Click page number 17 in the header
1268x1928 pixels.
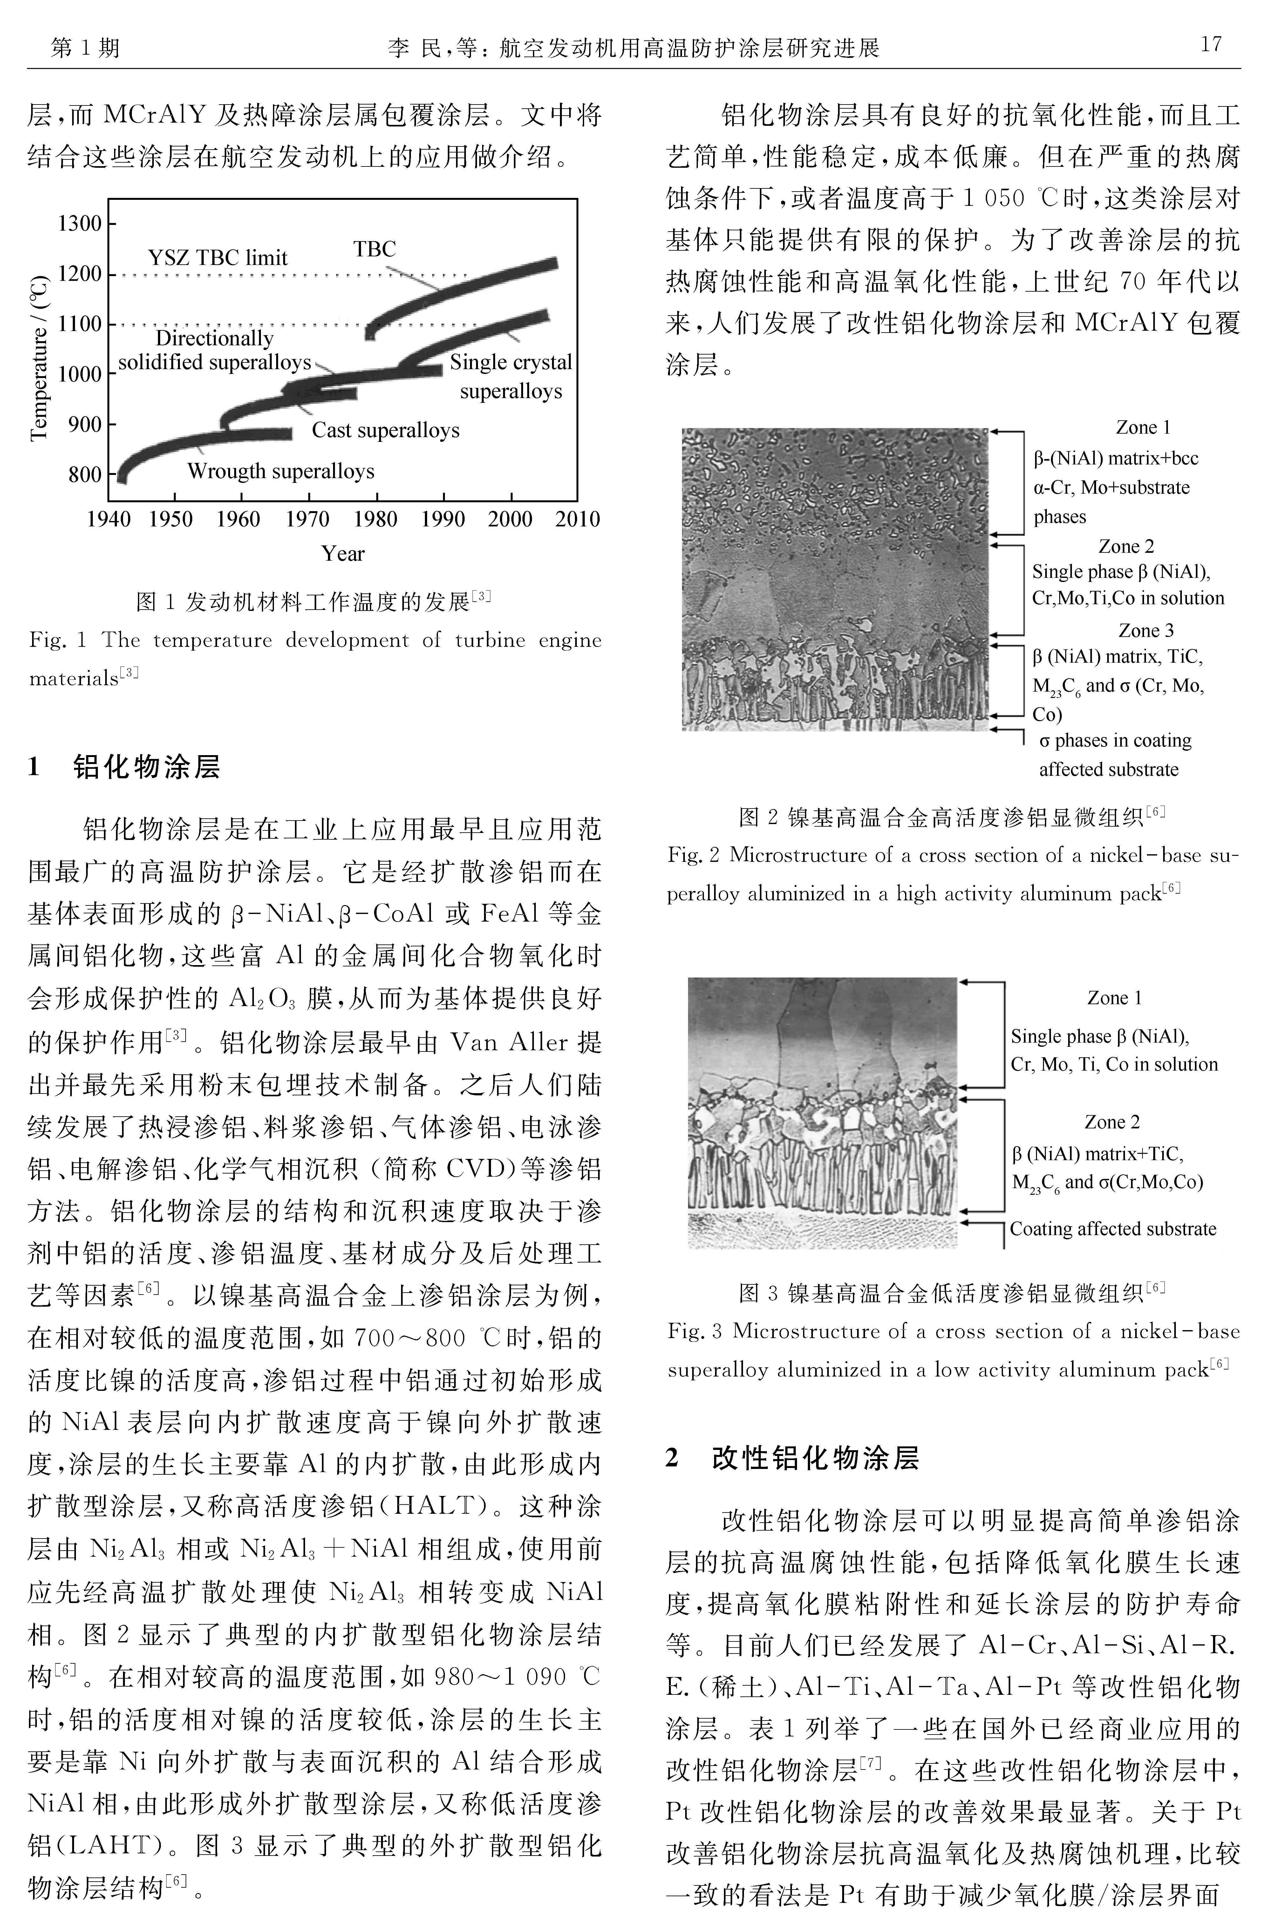pos(1210,44)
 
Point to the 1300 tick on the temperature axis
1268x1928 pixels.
pos(79,223)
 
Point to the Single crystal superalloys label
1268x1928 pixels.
pos(510,377)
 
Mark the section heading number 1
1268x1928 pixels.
pos(34,766)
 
